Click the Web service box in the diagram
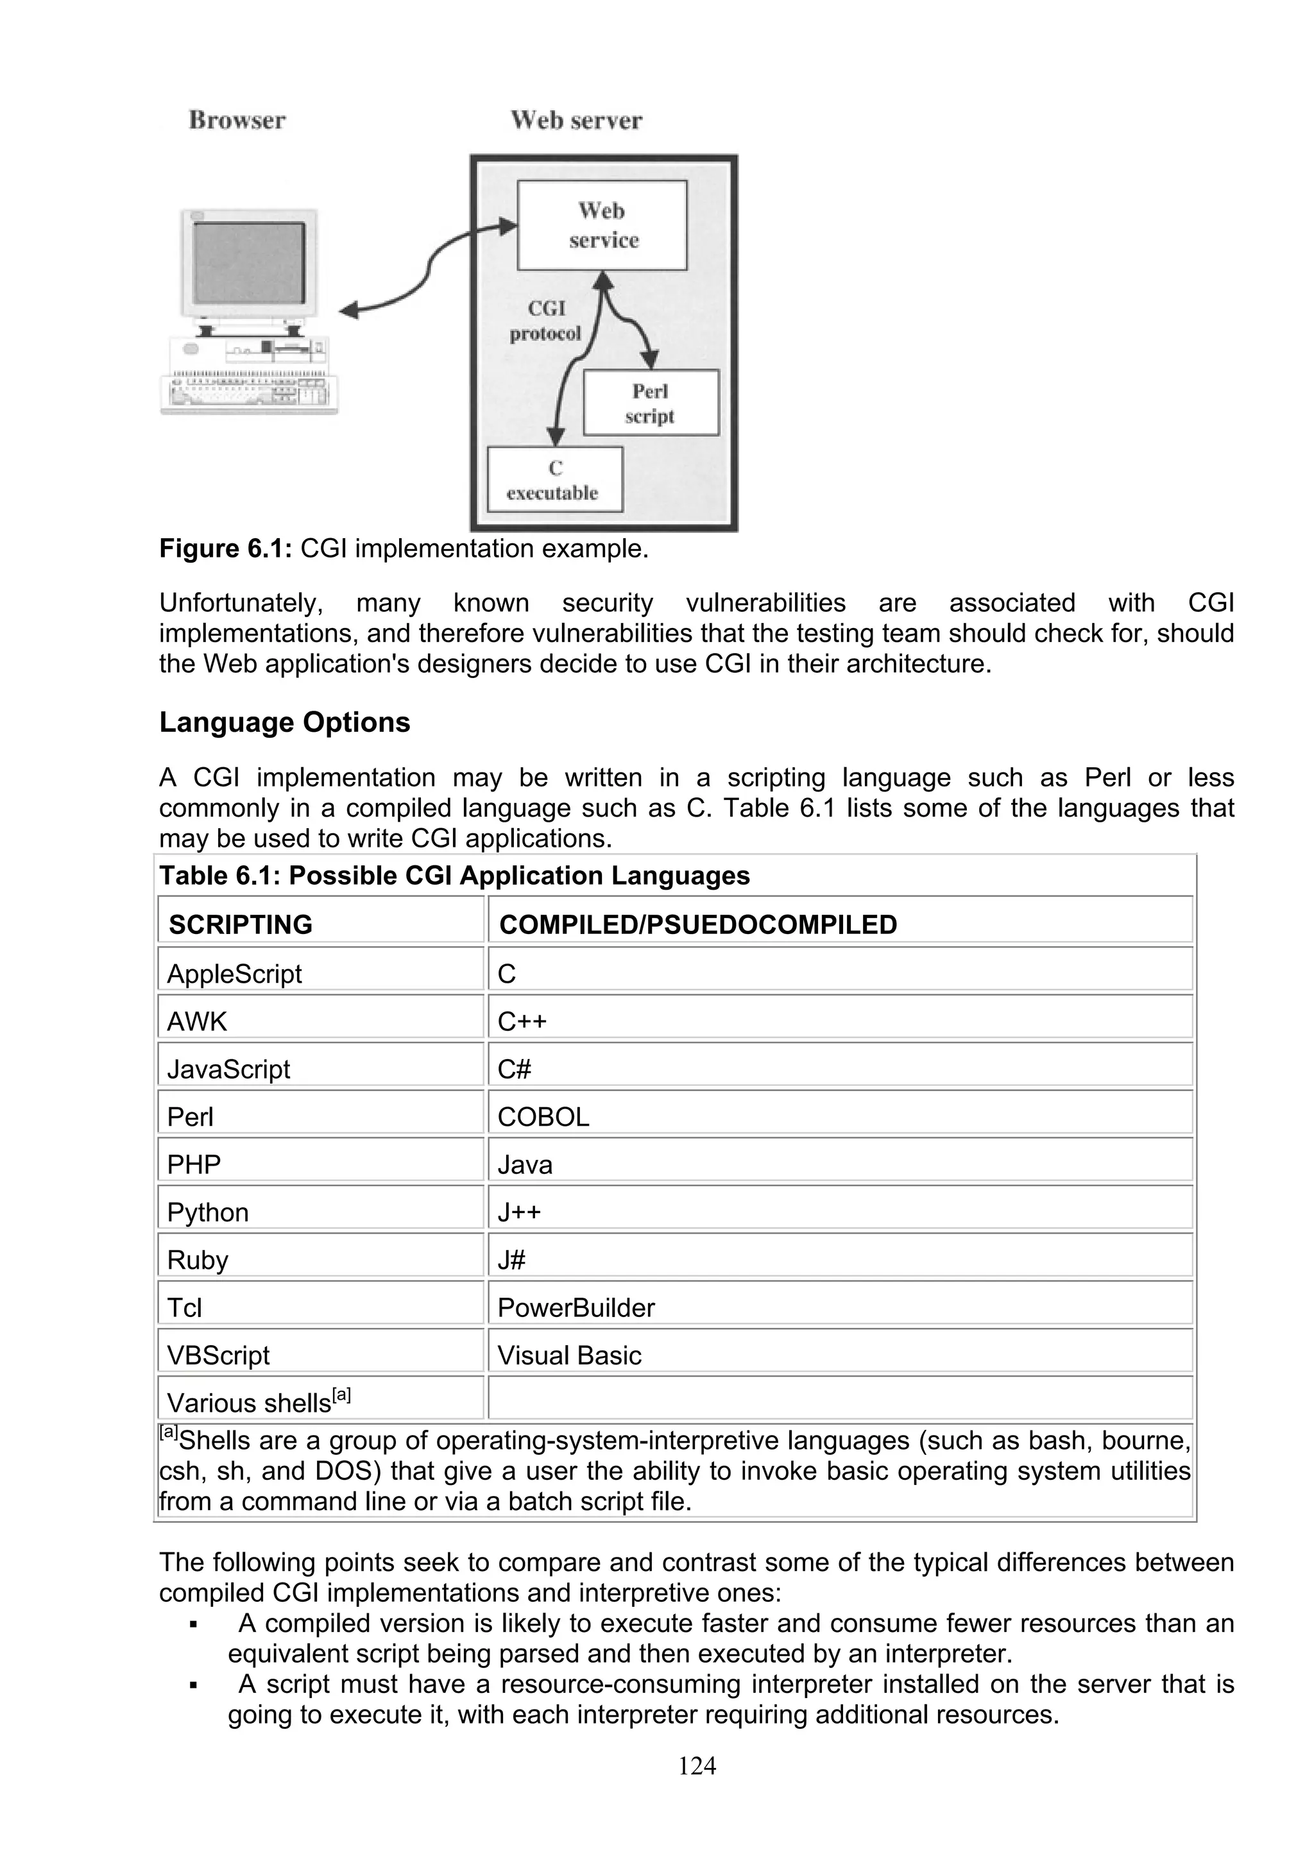pyautogui.click(x=602, y=225)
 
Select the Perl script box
pyautogui.click(x=650, y=403)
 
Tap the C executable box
pyautogui.click(x=554, y=480)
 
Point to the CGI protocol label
pyautogui.click(x=545, y=321)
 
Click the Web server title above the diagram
pyautogui.click(x=576, y=121)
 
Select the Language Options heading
pyautogui.click(x=284, y=722)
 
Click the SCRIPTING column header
pyautogui.click(x=241, y=924)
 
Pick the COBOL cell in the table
pyautogui.click(x=543, y=1117)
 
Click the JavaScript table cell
pyautogui.click(x=228, y=1069)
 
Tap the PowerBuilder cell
pyautogui.click(x=576, y=1307)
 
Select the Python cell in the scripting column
pyautogui.click(x=207, y=1212)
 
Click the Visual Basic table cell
pyautogui.click(x=569, y=1355)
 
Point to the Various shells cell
pyautogui.click(x=257, y=1402)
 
